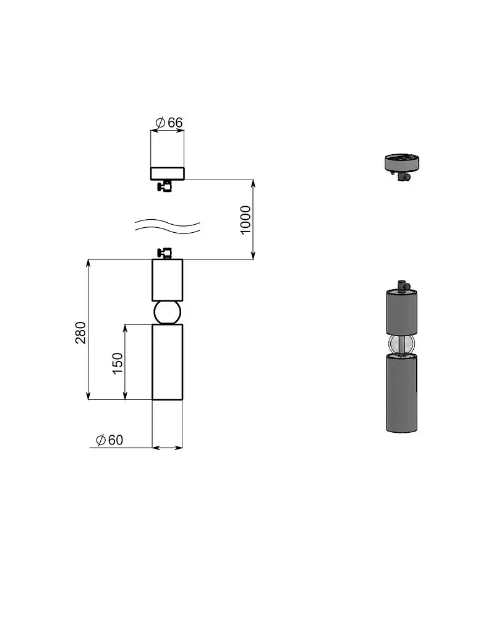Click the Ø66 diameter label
pos(169,122)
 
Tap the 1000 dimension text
pos(246,220)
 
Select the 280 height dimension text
pos(81,332)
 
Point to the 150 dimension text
pos(117,363)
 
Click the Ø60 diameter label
pos(109,440)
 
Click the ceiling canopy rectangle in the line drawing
pos(167,173)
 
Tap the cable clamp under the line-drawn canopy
pos(165,186)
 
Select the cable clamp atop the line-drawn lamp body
pos(164,253)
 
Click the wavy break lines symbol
pos(167,227)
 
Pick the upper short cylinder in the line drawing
pos(167,280)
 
